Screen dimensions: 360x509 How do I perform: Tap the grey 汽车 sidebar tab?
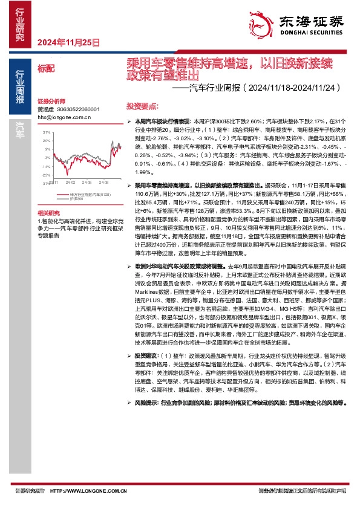(x=20, y=127)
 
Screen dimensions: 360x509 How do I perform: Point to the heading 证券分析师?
(x=50, y=101)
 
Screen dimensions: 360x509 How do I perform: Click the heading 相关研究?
(x=48, y=213)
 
